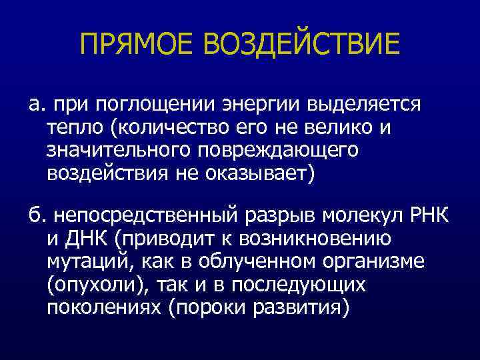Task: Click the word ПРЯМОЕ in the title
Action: click(x=137, y=45)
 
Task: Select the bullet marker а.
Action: click(x=36, y=105)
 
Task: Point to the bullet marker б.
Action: click(x=35, y=217)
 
